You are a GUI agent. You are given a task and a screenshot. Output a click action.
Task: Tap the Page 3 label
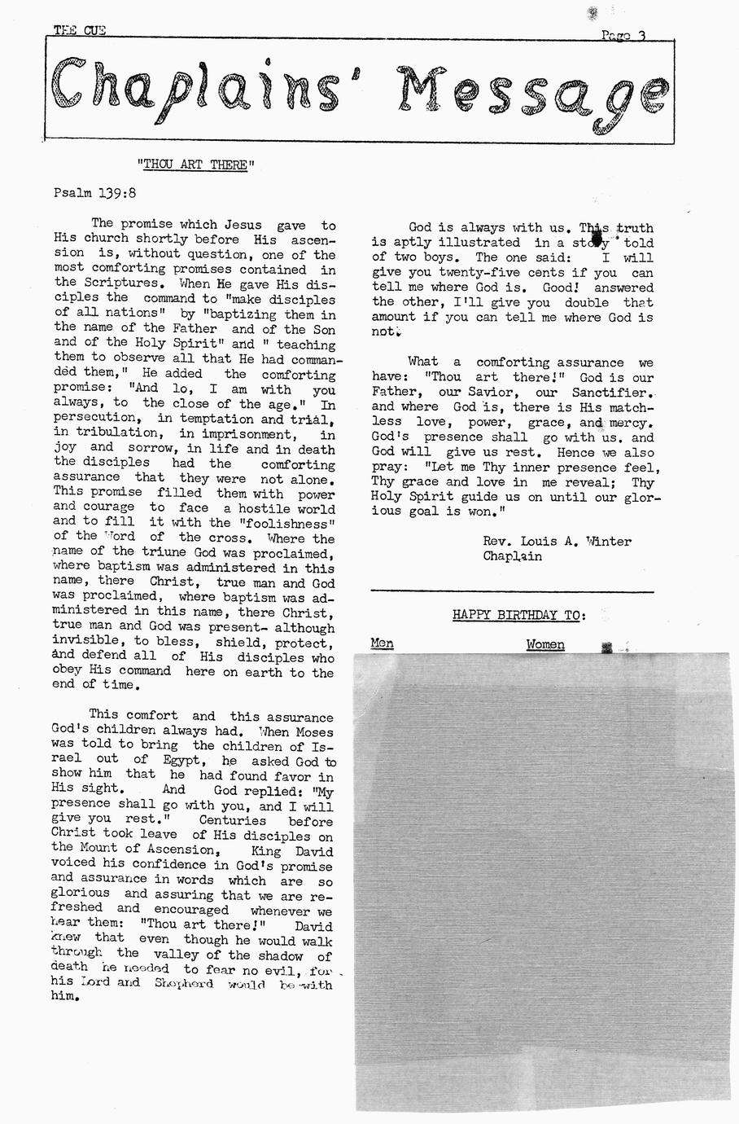click(x=623, y=35)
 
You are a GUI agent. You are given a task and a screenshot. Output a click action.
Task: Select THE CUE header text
click(x=79, y=31)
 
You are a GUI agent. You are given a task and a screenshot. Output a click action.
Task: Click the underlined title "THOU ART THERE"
click(x=195, y=165)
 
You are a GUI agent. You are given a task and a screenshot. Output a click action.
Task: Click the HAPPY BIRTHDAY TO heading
click(x=518, y=615)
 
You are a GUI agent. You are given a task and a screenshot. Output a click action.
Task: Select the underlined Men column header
click(x=382, y=644)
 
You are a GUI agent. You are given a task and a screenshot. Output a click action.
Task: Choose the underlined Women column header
click(x=544, y=644)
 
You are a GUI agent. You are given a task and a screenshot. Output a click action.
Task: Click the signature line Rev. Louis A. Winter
click(x=557, y=541)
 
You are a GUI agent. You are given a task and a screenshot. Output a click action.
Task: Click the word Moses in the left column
click(x=313, y=731)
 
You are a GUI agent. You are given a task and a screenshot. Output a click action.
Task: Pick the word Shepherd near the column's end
click(x=184, y=983)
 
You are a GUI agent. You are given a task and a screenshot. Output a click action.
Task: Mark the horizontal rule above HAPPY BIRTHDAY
click(x=512, y=591)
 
